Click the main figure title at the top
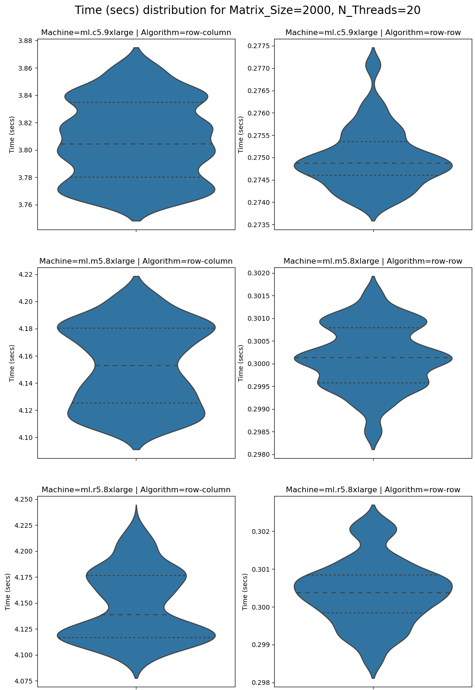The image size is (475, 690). pos(248,10)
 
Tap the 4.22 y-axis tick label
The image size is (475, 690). pos(26,274)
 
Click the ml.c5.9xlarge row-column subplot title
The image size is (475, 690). pos(136,33)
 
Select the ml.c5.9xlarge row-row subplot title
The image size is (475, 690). pos(373,33)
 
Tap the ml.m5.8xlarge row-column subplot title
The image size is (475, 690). pos(136,261)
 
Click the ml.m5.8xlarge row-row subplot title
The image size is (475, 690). pos(373,261)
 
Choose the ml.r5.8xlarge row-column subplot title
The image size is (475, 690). pos(136,490)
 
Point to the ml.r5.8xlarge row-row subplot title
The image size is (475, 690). pos(373,490)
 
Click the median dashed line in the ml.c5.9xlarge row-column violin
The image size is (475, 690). pos(136,144)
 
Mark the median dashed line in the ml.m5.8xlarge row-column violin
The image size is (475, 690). pos(136,366)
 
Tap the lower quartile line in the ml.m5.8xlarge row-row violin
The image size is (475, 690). pos(373,383)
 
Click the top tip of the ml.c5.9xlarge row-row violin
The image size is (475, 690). pos(373,48)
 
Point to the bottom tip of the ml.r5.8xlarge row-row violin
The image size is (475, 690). pos(373,677)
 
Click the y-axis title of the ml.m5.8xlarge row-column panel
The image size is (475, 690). pos(12,363)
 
